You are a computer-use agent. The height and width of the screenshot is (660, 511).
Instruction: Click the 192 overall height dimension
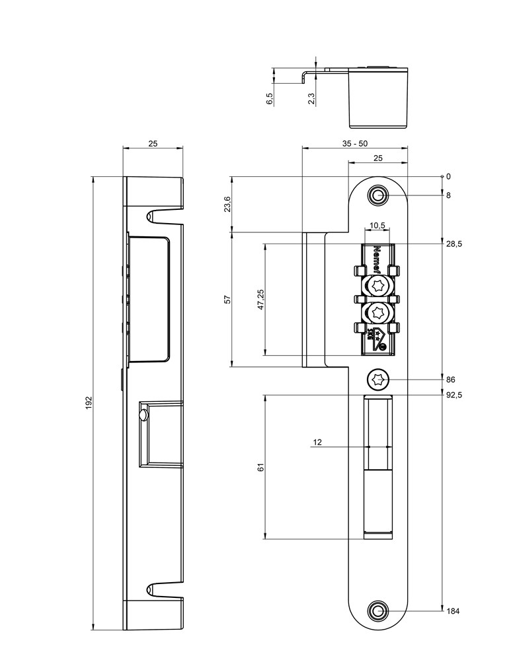[89, 403]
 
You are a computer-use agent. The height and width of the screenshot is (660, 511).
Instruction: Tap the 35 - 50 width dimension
[355, 143]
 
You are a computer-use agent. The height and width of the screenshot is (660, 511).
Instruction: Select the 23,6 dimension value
[227, 204]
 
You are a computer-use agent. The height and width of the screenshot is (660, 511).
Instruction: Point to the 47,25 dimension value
[261, 299]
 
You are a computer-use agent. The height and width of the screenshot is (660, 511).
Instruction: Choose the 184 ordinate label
[453, 611]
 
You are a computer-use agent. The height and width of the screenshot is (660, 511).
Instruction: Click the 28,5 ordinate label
[453, 244]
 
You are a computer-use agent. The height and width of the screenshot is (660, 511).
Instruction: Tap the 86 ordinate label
[451, 379]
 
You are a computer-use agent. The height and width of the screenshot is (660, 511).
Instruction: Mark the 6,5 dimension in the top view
[270, 99]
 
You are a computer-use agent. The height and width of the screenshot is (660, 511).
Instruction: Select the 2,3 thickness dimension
[311, 98]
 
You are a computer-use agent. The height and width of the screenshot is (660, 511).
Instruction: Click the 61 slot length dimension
[261, 467]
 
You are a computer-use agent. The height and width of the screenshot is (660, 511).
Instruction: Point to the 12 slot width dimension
[317, 443]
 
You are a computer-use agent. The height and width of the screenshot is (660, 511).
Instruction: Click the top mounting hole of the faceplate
[378, 196]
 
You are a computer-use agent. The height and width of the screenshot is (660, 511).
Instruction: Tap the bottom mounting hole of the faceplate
[378, 611]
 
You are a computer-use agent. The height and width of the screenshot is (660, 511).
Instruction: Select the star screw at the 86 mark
[378, 379]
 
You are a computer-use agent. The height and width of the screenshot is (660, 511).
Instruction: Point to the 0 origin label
[448, 176]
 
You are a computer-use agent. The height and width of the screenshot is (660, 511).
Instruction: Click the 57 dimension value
[227, 299]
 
